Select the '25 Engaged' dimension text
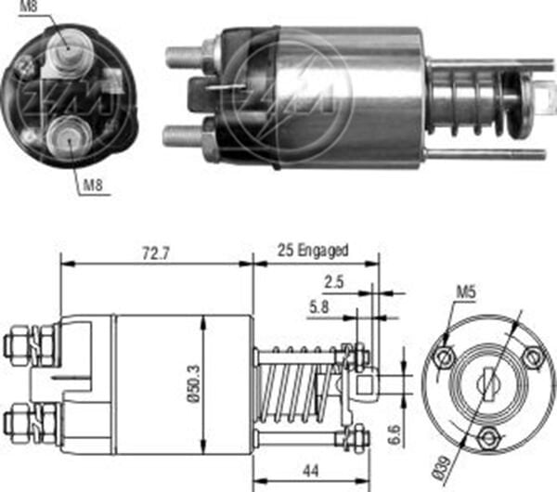[313, 251]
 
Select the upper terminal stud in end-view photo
[68, 57]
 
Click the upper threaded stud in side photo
[187, 57]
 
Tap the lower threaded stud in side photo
[186, 136]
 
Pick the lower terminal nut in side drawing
[20, 423]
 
